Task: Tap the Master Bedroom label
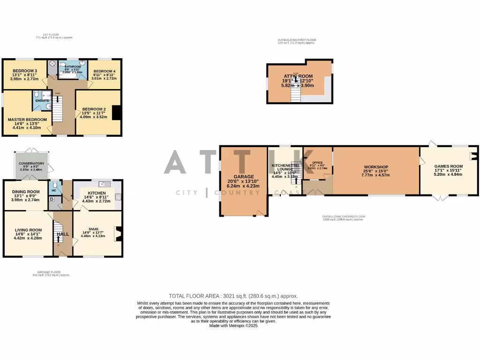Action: pos(27,120)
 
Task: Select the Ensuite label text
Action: pos(41,101)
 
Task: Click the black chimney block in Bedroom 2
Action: pos(118,113)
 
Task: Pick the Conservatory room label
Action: pos(31,163)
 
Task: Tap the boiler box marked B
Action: pos(51,199)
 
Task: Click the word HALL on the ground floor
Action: pos(62,234)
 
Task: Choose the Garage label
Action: pos(243,177)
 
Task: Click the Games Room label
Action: pos(448,166)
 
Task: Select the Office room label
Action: pos(318,163)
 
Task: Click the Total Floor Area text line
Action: pos(233,296)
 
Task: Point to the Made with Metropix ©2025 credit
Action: pos(233,325)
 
